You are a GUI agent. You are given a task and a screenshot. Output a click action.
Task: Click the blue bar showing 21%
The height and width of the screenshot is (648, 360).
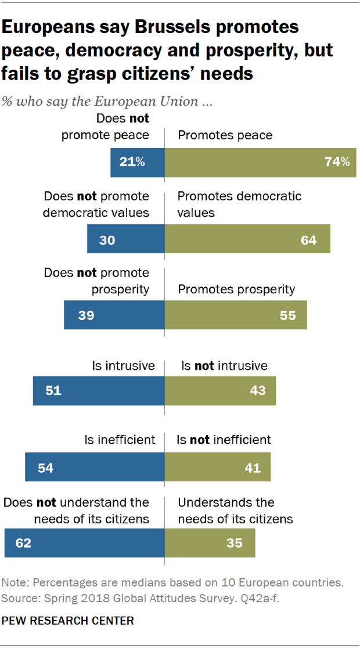[138, 162]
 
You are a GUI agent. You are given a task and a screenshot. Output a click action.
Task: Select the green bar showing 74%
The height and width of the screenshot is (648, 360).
[260, 162]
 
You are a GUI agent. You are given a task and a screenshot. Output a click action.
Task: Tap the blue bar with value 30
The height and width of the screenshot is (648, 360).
[126, 239]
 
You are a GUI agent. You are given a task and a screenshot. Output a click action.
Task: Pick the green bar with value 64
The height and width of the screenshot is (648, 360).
[247, 239]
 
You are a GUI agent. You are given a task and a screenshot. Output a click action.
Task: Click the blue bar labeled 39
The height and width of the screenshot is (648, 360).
[114, 315]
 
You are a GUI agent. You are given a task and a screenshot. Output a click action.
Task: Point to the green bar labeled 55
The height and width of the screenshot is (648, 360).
[236, 315]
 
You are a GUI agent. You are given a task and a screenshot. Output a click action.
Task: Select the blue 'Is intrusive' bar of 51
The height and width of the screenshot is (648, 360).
[99, 390]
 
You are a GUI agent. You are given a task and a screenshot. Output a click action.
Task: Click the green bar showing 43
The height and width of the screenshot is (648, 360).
[220, 390]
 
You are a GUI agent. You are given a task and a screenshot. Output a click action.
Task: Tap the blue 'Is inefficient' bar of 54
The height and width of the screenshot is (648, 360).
[95, 467]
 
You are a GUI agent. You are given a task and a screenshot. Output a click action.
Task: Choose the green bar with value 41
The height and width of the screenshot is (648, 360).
[218, 467]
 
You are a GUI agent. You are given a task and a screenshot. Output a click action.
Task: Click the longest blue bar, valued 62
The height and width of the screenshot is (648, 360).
[84, 543]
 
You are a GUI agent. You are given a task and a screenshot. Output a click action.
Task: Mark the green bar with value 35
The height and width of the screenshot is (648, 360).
[210, 543]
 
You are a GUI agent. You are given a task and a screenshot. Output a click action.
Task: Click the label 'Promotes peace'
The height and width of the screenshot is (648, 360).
[225, 135]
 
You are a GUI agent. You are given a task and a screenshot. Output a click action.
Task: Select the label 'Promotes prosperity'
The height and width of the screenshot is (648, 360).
[236, 289]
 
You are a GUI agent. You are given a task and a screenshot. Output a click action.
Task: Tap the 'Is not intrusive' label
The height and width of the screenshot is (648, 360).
[224, 365]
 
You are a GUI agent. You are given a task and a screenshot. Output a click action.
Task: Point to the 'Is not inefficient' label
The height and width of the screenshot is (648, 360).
[224, 440]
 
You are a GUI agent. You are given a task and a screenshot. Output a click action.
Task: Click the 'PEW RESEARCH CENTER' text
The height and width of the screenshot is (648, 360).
[68, 621]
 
